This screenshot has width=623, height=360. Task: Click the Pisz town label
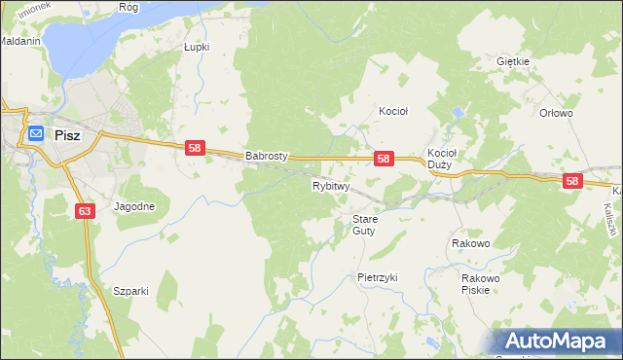point(67,136)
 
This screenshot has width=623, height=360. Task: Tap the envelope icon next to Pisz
point(35,133)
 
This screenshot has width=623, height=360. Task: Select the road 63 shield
point(83,211)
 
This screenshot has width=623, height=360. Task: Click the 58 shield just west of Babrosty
point(195,147)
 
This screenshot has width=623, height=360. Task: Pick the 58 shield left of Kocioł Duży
point(384,158)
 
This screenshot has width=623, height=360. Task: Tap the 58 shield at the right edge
point(571,181)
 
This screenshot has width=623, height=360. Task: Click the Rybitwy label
point(331,185)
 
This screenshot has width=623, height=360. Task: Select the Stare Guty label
point(364,225)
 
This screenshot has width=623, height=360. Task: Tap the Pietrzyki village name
point(378,277)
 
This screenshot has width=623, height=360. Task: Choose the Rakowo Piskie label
point(480,283)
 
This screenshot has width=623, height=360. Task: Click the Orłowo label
point(556,113)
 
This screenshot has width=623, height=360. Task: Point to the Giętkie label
point(512,61)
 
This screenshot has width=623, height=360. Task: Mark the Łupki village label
point(197,46)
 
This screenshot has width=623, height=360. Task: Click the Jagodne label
point(134,206)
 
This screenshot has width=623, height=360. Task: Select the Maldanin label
point(18,43)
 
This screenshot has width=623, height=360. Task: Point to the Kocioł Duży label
point(443,159)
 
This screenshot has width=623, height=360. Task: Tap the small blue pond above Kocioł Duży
point(456,114)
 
